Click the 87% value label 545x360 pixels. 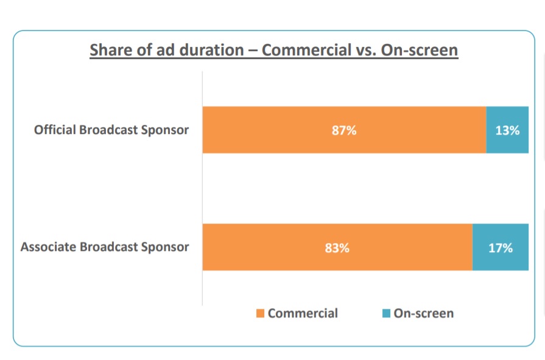344,130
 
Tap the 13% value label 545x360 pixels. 507,130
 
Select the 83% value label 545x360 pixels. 337,248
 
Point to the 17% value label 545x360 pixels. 500,248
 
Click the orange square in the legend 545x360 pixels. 260,314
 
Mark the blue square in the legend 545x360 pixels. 386,314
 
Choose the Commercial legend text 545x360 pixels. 303,314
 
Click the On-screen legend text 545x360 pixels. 424,314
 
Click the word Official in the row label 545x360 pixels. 55,130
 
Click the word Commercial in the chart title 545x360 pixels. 307,50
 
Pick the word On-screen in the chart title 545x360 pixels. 420,50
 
